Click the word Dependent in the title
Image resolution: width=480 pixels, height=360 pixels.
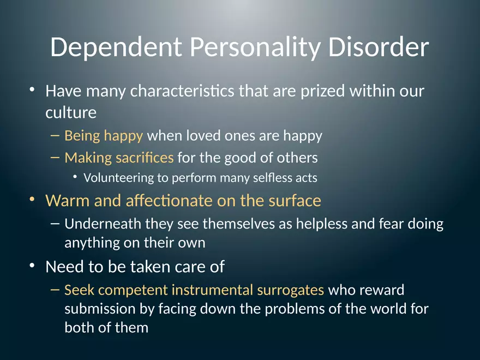(x=116, y=48)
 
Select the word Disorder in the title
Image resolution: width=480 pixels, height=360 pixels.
(x=378, y=48)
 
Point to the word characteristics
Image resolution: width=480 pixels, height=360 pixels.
(x=182, y=91)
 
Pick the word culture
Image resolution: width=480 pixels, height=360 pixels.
(x=71, y=113)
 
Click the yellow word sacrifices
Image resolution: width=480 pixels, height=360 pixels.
(x=144, y=158)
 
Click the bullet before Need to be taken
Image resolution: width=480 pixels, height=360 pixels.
(x=33, y=267)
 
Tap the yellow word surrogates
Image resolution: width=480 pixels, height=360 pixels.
(x=291, y=290)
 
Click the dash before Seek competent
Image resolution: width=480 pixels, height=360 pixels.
(x=55, y=290)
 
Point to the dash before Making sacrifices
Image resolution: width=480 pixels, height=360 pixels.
(x=55, y=158)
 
